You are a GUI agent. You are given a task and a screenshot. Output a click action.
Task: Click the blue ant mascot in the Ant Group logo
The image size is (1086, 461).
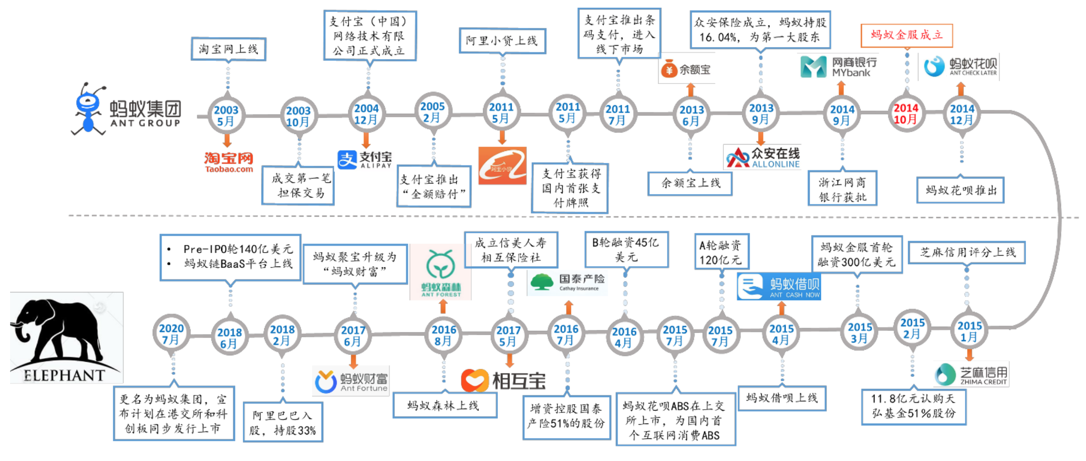point(88,109)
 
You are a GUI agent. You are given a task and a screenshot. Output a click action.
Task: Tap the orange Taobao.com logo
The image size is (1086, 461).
point(229,162)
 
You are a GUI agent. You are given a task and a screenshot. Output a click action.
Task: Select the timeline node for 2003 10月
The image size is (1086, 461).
point(298,116)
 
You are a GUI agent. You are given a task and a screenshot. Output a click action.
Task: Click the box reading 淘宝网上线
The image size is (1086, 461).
point(228,49)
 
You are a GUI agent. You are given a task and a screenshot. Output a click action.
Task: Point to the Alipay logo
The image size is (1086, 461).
point(365,159)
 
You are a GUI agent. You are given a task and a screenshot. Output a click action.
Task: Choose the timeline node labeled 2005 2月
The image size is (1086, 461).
point(432,112)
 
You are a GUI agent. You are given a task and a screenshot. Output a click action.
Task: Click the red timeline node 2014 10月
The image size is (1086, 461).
point(906,114)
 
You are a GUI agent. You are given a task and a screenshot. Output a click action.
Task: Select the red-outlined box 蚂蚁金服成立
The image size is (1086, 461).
point(906,35)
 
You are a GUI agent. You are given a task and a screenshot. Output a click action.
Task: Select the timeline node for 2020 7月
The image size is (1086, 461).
point(171,334)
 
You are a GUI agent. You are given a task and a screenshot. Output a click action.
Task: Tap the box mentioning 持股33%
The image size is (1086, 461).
point(283,422)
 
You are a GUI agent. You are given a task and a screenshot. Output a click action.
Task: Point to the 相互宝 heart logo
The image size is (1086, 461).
point(503,381)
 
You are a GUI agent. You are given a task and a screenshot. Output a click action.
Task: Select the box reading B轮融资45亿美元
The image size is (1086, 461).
point(626,250)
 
